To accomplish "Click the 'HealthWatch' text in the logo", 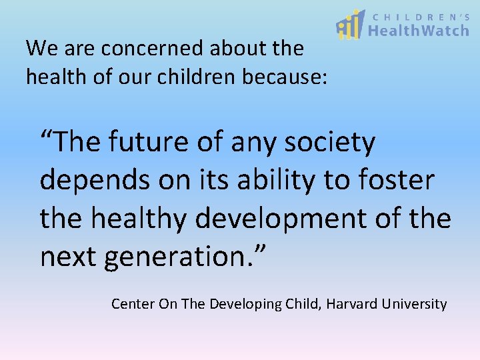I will [418, 30].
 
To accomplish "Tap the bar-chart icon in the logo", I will [350, 25].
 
